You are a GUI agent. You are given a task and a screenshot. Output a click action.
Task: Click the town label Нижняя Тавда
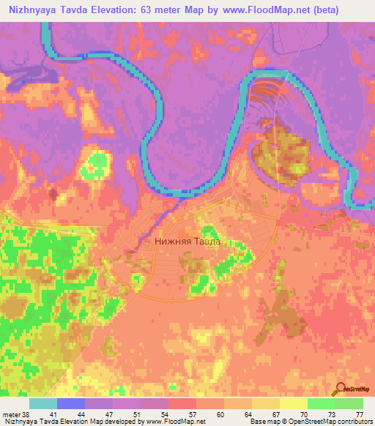[187, 239]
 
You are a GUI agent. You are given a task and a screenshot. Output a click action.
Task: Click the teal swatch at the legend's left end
[43, 403]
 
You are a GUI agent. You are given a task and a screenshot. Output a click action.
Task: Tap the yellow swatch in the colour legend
[294, 403]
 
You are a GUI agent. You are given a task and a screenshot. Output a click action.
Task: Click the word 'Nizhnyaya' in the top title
[30, 8]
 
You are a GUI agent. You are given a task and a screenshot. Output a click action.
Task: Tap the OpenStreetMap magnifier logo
[340, 387]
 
